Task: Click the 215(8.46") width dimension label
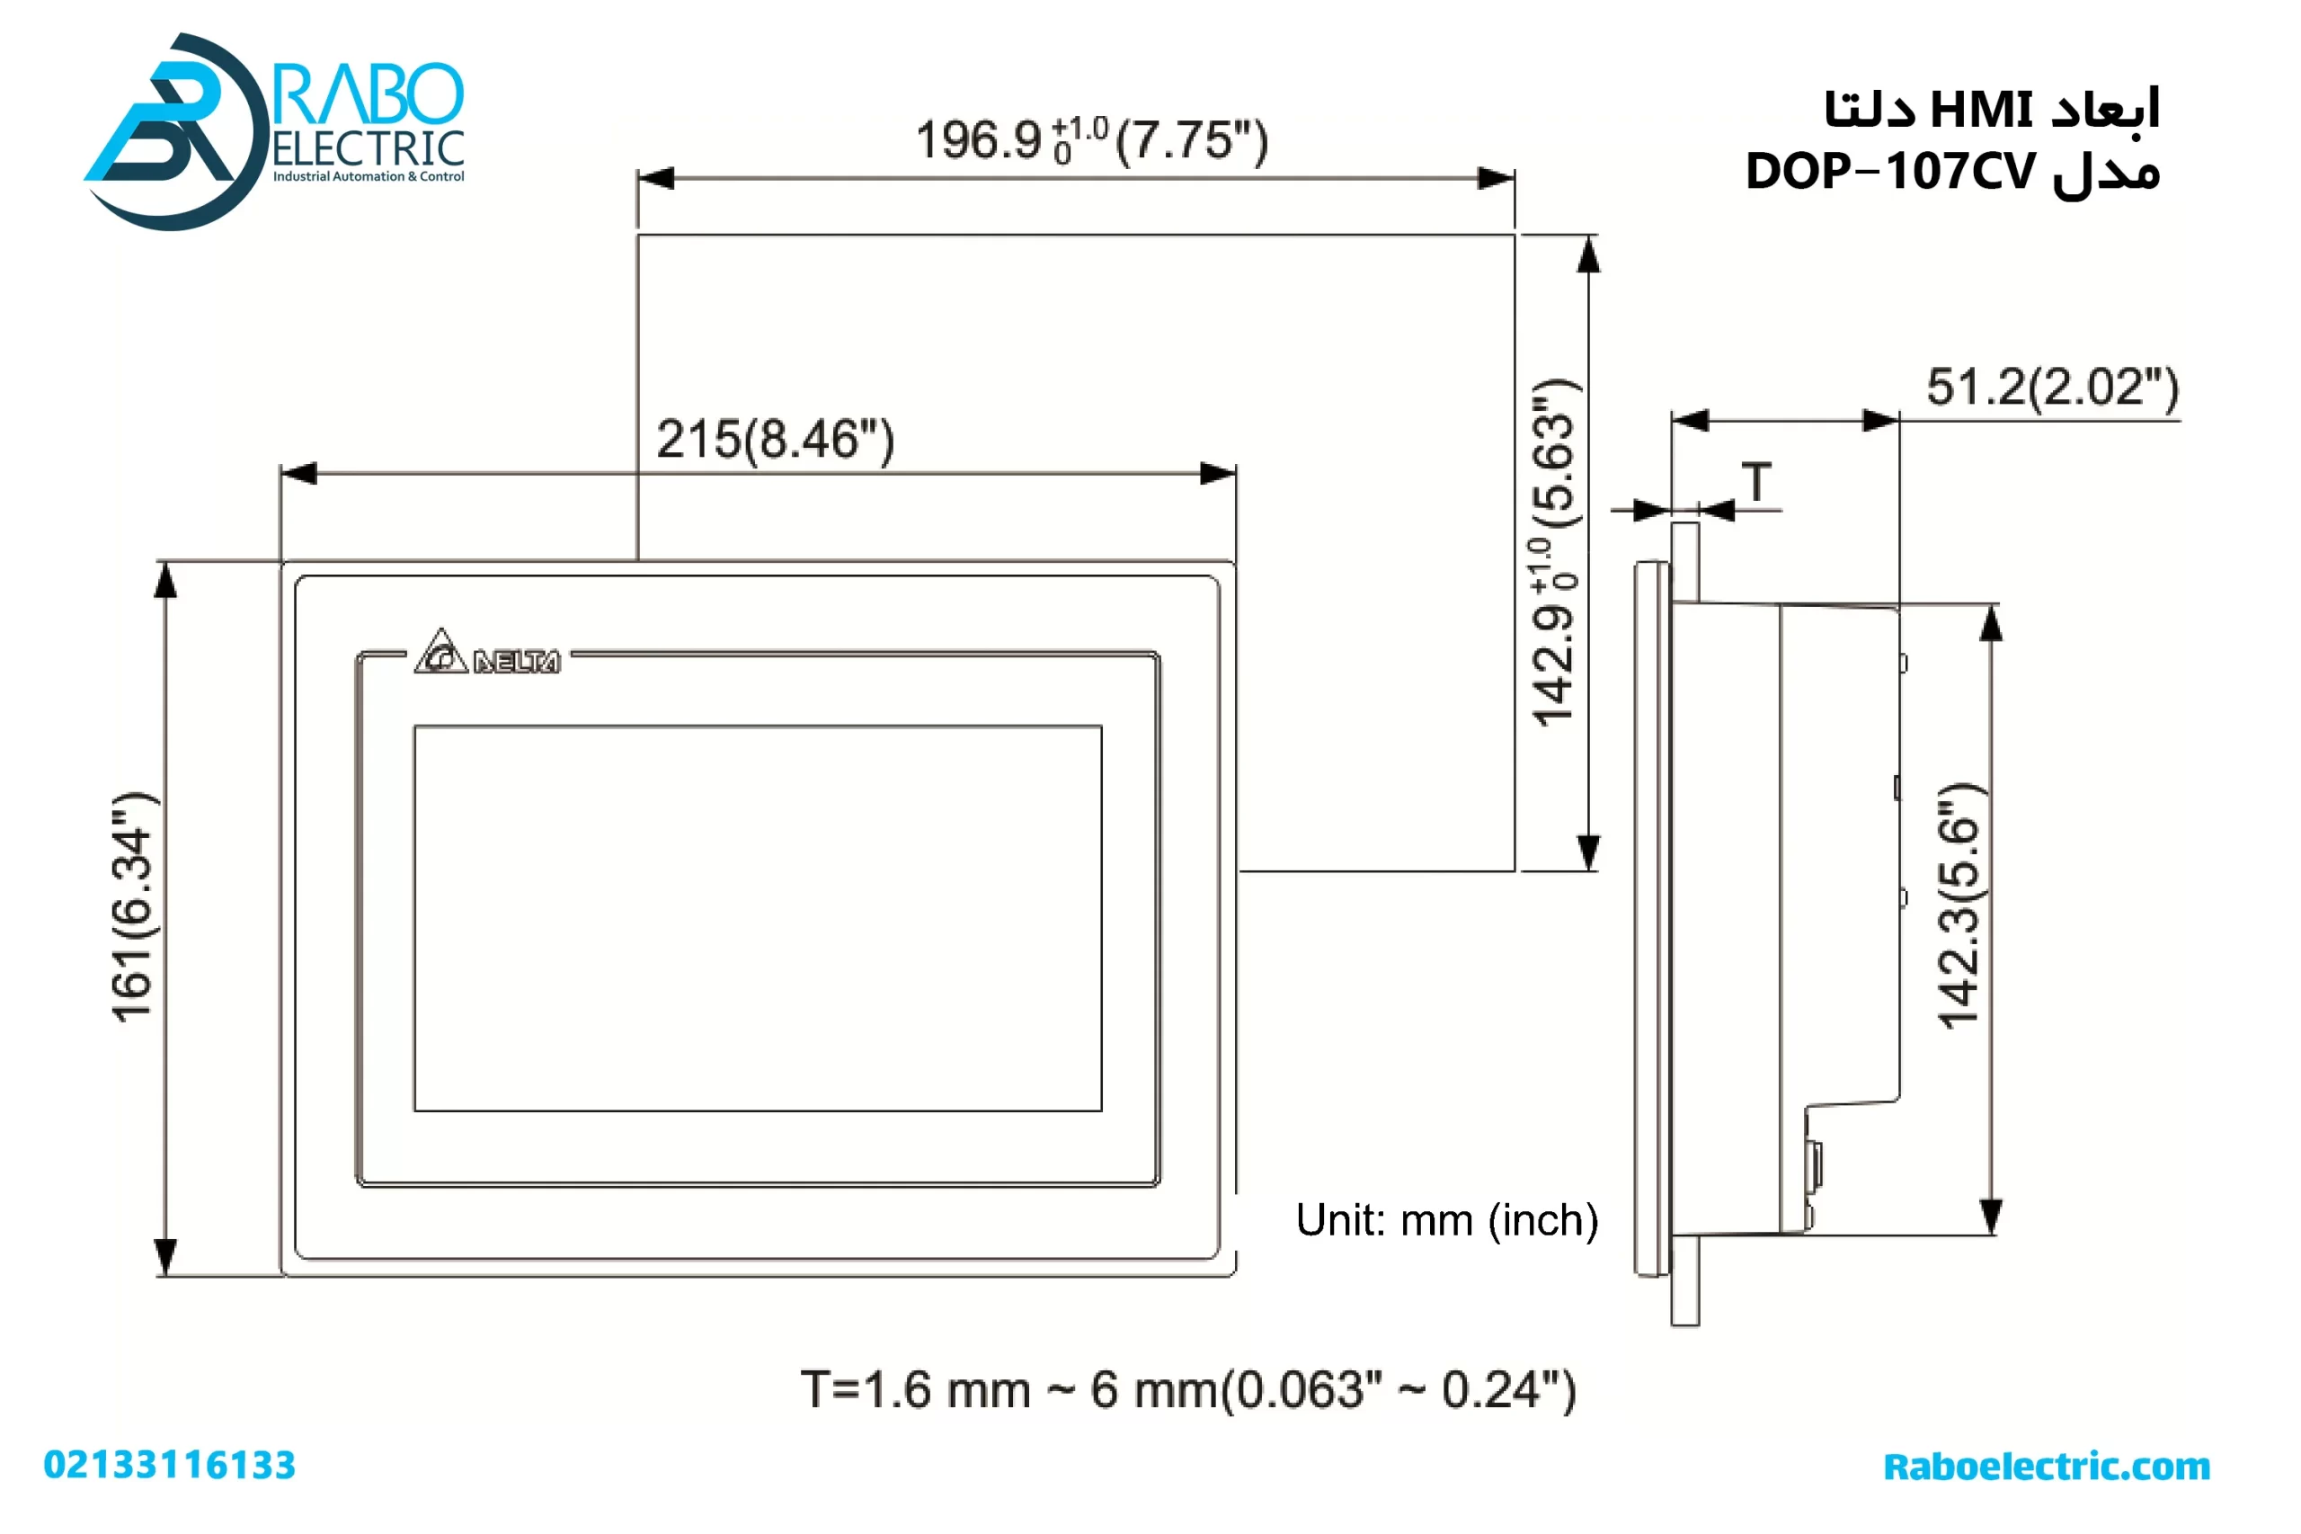[775, 440]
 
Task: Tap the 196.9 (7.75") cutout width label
[1090, 140]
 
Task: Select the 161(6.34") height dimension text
[133, 907]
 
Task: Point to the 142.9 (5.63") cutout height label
[1554, 553]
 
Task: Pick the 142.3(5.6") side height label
[1958, 905]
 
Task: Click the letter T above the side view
[1756, 481]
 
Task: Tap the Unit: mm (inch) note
[1446, 1220]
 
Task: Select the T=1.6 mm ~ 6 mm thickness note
[1187, 1389]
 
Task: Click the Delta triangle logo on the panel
[440, 652]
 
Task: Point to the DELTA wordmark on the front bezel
[516, 663]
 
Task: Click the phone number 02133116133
[169, 1465]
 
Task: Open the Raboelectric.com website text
[2046, 1466]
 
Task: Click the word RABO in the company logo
[367, 95]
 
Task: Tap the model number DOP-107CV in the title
[1889, 172]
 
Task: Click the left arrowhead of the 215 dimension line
[298, 474]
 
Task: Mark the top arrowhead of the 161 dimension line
[166, 580]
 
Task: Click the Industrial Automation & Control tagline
[368, 177]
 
